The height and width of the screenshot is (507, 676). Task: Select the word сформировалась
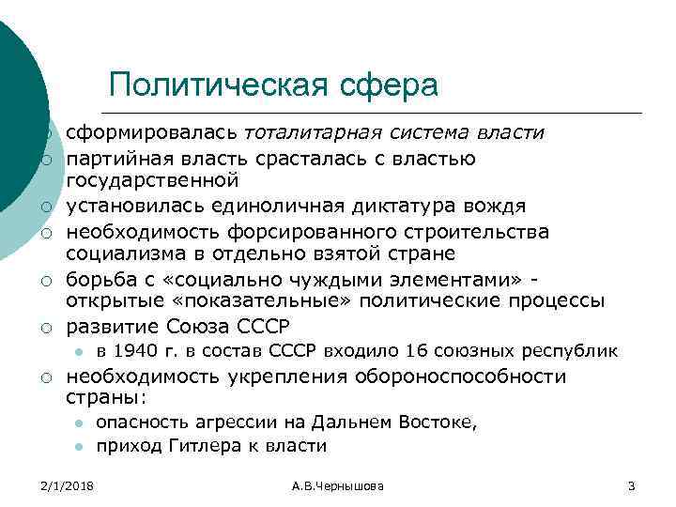point(154,132)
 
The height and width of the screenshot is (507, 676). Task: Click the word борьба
point(99,280)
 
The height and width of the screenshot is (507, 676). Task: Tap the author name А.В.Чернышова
point(337,485)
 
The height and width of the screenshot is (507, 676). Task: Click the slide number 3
point(631,485)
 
